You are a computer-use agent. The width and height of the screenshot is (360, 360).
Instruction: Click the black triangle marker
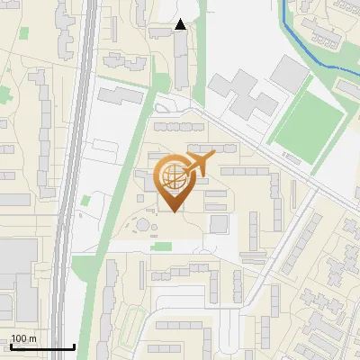pyautogui.click(x=181, y=24)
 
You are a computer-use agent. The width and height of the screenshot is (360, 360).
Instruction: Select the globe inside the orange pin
pyautogui.click(x=173, y=176)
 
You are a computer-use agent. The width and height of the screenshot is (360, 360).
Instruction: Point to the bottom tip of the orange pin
pyautogui.click(x=174, y=211)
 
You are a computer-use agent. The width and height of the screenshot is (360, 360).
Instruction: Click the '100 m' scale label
pyautogui.click(x=23, y=338)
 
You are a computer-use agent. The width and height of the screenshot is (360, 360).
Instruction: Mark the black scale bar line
pyautogui.click(x=41, y=346)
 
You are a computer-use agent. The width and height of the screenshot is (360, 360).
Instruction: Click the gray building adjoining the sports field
pyautogui.click(x=288, y=72)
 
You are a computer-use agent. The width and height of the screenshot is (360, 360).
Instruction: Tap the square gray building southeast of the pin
pyautogui.click(x=219, y=222)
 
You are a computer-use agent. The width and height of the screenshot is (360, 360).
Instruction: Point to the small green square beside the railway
pyautogui.click(x=85, y=200)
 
